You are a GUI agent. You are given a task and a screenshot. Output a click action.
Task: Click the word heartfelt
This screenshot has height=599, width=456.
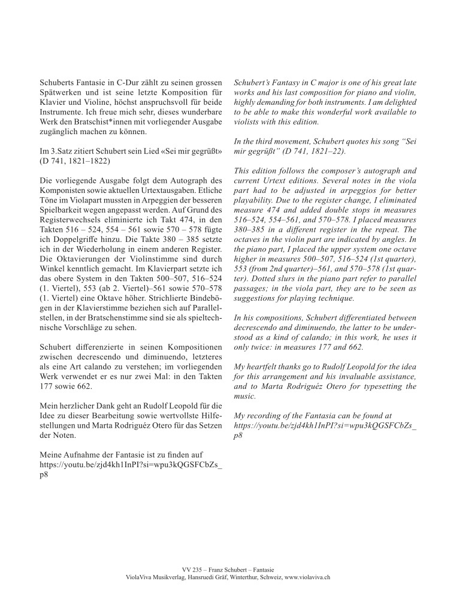[269, 365]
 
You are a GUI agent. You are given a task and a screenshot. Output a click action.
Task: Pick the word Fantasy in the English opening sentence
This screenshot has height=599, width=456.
[286, 78]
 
